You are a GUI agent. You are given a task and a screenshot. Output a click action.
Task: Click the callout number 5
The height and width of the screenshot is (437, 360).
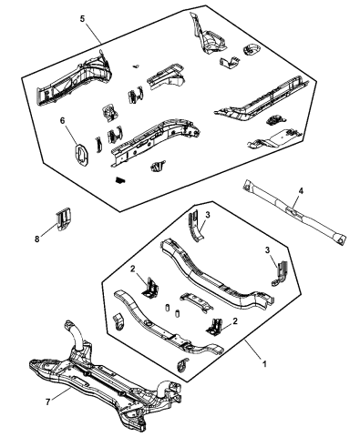[x=82, y=19]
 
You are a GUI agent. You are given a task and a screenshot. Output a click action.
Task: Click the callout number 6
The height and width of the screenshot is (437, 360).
[x=62, y=121]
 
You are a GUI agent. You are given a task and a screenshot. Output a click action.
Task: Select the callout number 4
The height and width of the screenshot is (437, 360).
[x=301, y=191]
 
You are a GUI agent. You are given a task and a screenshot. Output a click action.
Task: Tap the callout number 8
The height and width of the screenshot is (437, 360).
[x=37, y=239]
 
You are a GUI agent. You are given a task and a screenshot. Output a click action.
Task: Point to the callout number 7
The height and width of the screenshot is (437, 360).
[x=47, y=402]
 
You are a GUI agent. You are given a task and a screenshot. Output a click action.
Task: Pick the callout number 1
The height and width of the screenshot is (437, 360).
[x=264, y=363]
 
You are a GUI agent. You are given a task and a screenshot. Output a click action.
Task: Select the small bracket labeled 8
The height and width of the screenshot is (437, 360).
[x=64, y=218]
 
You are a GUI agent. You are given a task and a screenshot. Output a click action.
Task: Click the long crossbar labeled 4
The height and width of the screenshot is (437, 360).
[x=293, y=212]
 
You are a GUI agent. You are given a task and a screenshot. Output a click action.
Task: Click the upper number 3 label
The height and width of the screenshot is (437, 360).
[x=208, y=215]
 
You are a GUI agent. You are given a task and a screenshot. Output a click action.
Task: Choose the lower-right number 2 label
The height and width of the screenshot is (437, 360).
[x=234, y=321]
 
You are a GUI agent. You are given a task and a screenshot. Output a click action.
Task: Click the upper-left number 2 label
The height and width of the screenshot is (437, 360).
[x=132, y=269]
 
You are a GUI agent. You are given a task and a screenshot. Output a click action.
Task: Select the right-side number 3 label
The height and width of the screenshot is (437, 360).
[x=267, y=250]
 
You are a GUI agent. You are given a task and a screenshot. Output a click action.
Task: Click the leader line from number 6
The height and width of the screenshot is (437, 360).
[x=71, y=135]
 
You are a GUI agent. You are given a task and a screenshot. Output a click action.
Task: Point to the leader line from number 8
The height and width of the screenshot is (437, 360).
[x=48, y=230]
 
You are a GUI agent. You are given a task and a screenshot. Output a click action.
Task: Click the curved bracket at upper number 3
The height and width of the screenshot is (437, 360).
[x=195, y=226]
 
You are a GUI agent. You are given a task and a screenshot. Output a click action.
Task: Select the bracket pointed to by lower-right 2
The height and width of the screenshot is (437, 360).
[x=215, y=328]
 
